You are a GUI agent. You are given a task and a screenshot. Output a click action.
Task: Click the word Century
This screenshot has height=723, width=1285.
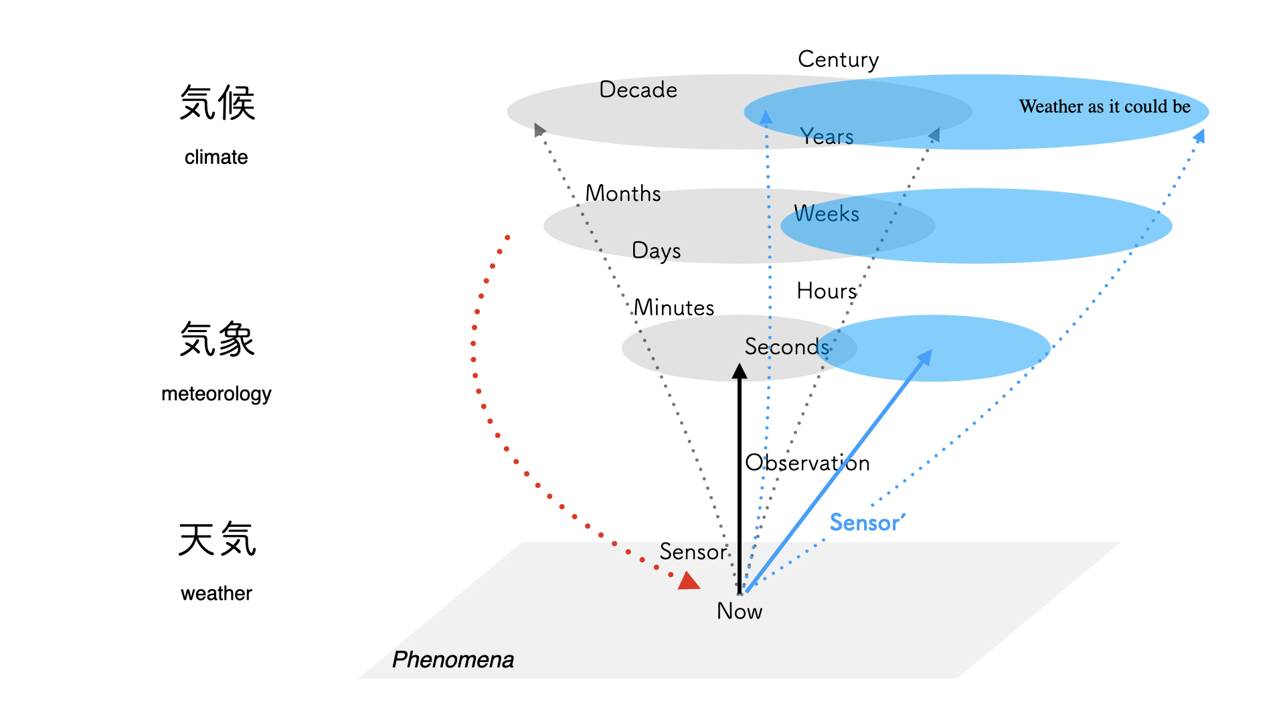coord(838,60)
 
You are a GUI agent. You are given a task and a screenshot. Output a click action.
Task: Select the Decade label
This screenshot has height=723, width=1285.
coord(638,90)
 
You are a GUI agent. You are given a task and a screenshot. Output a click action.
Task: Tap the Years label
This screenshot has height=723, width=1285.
coord(827,137)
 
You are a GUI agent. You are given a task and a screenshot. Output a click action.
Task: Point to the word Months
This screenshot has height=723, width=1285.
coord(622,193)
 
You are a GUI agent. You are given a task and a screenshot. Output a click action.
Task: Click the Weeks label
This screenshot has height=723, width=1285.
coord(826,214)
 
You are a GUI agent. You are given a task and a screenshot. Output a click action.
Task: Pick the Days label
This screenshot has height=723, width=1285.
coord(656,250)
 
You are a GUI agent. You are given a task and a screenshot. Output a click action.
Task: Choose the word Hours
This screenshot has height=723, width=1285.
coord(827,291)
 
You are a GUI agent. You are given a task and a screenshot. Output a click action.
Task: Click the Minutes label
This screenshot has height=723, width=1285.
coord(673,308)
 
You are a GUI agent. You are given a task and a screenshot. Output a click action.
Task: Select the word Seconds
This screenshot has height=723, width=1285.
coord(787,347)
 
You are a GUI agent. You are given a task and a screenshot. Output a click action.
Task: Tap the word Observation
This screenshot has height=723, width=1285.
coord(807,463)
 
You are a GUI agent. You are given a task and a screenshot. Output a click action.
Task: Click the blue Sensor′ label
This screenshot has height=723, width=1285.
coord(867,522)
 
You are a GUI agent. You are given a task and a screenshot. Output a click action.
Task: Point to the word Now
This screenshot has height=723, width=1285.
coord(739,611)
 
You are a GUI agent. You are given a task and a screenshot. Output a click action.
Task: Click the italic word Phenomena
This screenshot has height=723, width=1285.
coord(452,660)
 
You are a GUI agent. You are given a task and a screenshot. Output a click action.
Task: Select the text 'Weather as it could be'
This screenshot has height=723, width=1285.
coord(1104,106)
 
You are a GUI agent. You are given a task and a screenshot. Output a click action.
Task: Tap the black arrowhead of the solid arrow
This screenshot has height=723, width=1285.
coord(739,372)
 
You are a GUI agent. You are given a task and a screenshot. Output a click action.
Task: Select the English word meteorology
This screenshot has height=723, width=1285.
coord(216,394)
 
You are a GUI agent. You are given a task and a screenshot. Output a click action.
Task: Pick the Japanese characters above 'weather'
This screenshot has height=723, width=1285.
coord(217,540)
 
